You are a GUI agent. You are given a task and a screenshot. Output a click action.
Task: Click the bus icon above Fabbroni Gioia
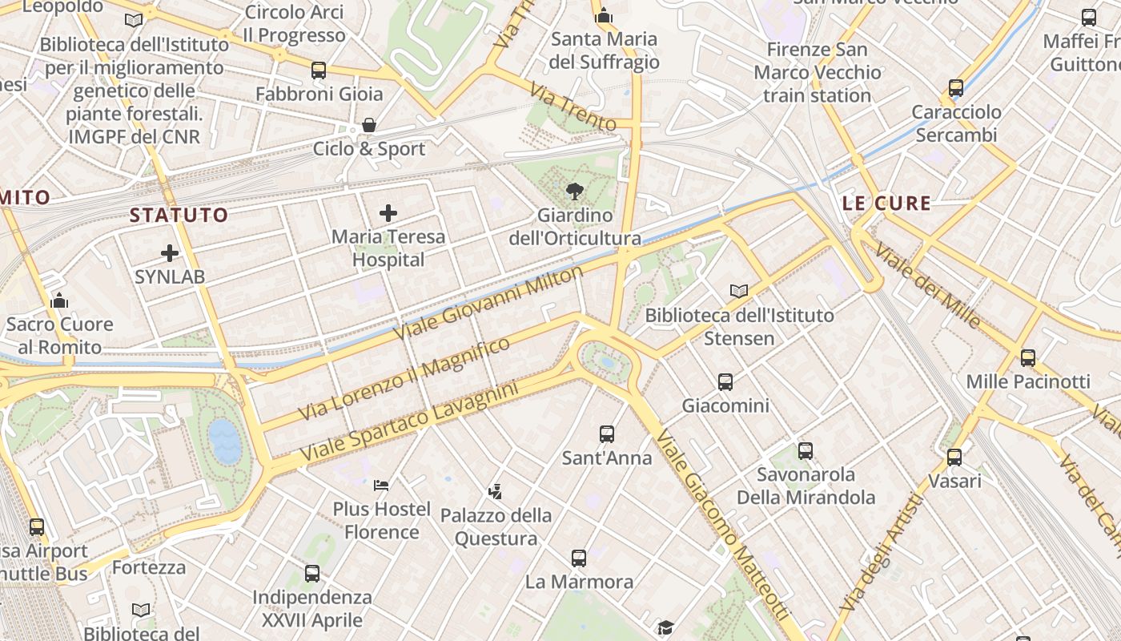click(319, 71)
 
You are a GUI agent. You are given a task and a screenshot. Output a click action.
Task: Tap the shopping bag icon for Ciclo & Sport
click(369, 125)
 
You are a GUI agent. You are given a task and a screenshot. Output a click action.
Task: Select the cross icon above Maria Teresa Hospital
click(388, 213)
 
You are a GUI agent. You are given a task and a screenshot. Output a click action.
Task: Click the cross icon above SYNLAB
click(170, 253)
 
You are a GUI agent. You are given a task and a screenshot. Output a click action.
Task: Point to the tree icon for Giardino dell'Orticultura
click(574, 191)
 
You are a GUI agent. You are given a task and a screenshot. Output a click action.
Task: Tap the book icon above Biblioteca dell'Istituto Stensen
click(739, 292)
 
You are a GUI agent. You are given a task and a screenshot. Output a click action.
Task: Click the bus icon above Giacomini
click(725, 382)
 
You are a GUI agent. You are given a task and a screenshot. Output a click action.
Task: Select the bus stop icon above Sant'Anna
click(607, 434)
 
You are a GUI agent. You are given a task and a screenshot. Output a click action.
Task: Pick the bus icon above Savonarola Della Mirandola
click(806, 451)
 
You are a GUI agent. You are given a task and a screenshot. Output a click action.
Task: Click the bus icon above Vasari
click(954, 458)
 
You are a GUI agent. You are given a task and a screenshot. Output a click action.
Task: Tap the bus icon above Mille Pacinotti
click(1028, 358)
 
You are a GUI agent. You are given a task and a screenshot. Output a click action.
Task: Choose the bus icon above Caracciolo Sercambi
click(956, 88)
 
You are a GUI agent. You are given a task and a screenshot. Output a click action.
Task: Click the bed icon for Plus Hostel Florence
click(382, 485)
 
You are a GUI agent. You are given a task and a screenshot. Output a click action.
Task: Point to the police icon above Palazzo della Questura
click(496, 490)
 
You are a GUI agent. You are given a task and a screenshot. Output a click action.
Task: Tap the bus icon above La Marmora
click(579, 558)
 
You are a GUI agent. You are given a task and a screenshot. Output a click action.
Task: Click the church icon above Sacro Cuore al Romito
click(59, 300)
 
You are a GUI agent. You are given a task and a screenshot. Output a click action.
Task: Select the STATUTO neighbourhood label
click(179, 215)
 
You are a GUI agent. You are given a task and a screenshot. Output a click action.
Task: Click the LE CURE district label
click(887, 204)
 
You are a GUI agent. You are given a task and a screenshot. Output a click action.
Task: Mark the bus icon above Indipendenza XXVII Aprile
click(312, 574)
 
